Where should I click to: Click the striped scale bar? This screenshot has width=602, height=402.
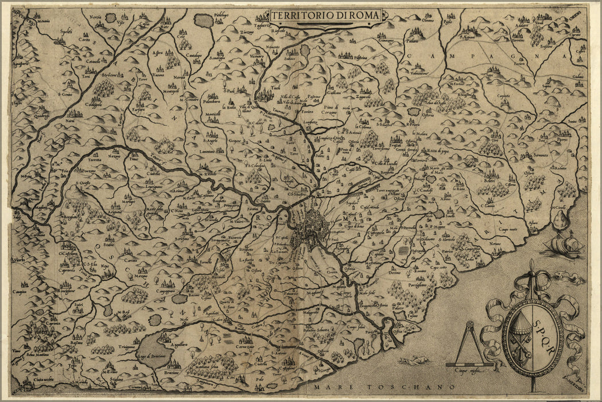coord(469,365)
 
